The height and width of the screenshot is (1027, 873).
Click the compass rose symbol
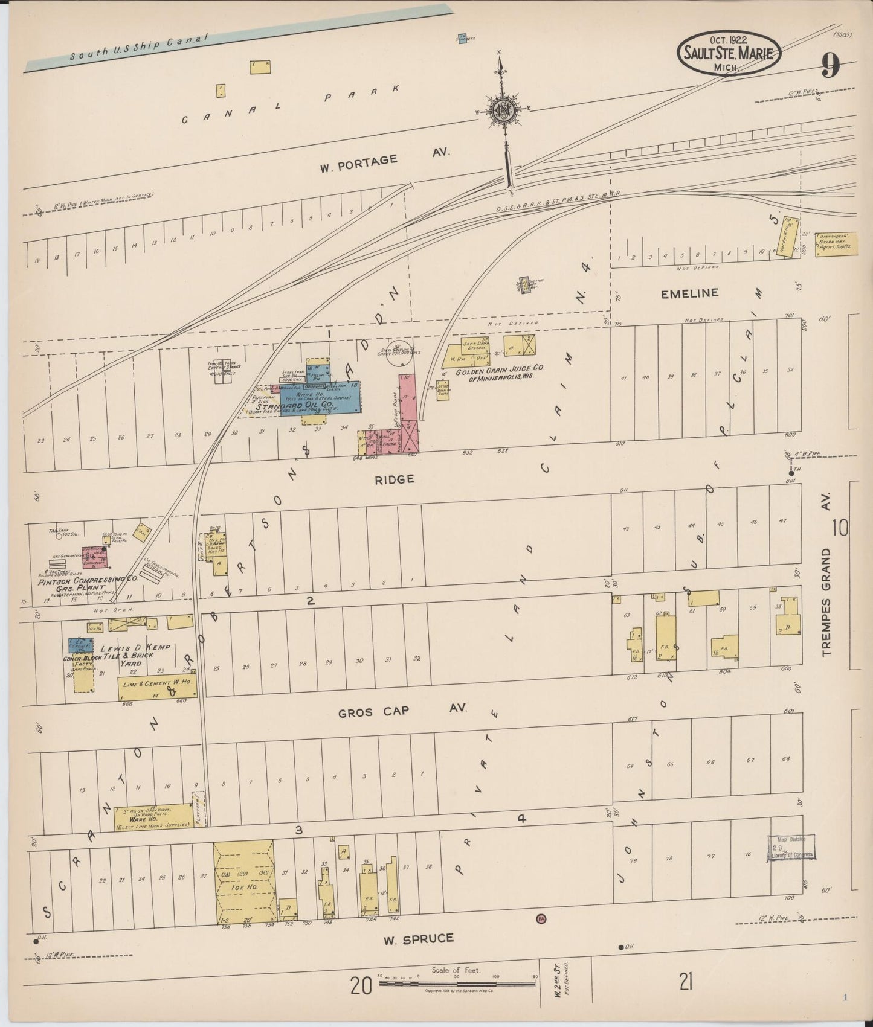[x=501, y=110]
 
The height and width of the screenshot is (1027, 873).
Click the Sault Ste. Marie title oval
[x=728, y=53]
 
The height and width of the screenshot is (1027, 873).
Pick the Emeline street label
[x=689, y=293]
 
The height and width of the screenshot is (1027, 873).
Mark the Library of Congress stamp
[x=791, y=847]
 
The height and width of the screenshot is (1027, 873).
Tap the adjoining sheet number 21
[x=685, y=983]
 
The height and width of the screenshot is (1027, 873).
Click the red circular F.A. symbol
[x=541, y=919]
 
